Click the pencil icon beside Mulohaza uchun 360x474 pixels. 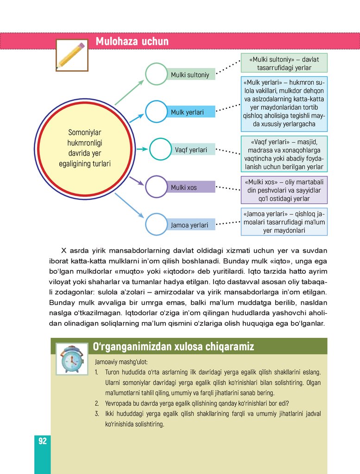(x=72, y=55)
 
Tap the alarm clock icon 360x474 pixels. (x=72, y=359)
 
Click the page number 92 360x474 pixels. (x=42, y=441)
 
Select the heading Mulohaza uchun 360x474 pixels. (x=132, y=42)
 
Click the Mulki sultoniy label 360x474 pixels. (x=190, y=75)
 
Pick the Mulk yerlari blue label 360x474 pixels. (x=187, y=112)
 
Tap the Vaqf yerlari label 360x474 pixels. (x=191, y=150)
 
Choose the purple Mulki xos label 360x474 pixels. (x=184, y=187)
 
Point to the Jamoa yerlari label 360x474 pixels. (x=189, y=225)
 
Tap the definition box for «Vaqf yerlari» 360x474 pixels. (x=284, y=154)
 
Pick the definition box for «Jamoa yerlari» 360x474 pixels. (x=284, y=222)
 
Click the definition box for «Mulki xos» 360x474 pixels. (x=284, y=190)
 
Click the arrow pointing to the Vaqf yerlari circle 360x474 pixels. (x=142, y=149)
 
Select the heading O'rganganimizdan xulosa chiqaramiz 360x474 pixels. (x=173, y=346)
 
